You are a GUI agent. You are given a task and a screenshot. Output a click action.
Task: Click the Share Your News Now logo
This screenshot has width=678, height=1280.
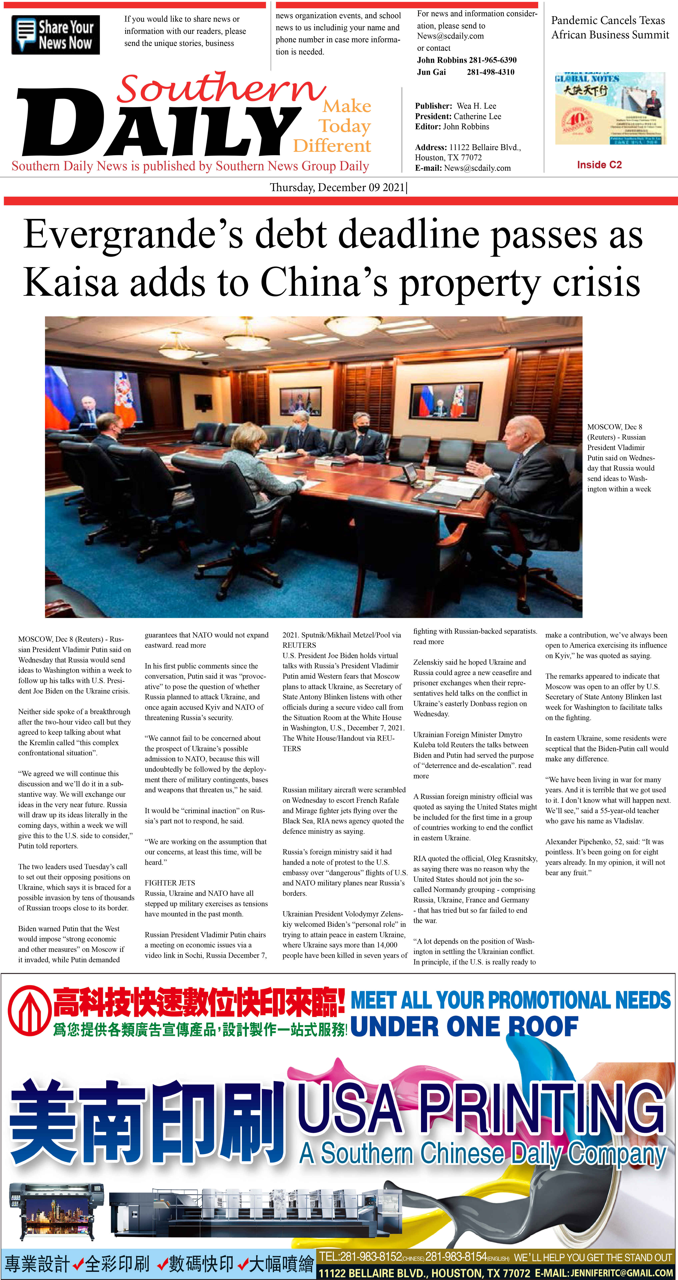(x=56, y=35)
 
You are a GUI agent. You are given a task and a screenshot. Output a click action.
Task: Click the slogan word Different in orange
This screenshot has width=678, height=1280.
(x=332, y=146)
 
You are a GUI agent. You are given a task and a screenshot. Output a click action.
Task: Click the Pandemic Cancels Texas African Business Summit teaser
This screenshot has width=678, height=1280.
(x=610, y=27)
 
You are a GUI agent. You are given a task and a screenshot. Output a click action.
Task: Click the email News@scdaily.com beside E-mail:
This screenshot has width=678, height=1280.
(x=477, y=168)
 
